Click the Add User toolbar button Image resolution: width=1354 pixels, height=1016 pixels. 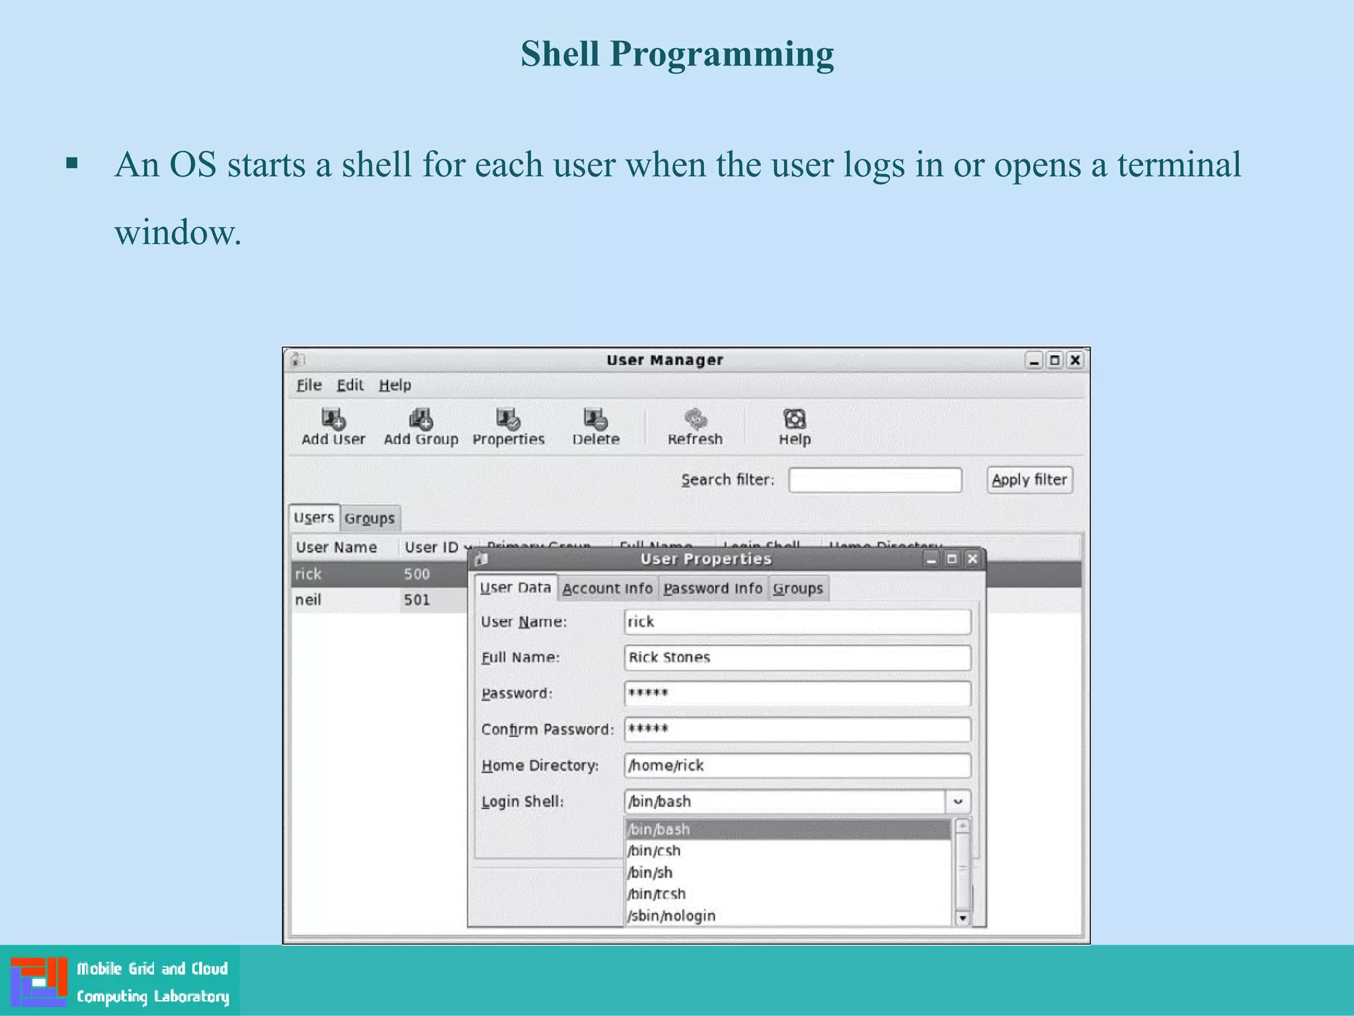click(333, 427)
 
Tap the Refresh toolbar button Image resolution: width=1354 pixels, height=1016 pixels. click(695, 427)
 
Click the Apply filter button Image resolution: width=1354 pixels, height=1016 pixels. click(1029, 480)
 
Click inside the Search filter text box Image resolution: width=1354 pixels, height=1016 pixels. click(874, 480)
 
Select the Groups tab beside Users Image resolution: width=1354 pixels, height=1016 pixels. click(369, 518)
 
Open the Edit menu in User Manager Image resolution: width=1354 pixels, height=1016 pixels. click(350, 385)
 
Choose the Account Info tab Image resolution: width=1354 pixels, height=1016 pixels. click(607, 588)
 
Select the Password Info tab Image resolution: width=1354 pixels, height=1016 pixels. click(712, 588)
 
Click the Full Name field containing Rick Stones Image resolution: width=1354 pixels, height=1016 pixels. click(797, 657)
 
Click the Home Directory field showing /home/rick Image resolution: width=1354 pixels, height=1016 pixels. click(797, 765)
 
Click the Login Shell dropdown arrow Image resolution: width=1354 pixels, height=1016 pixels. click(957, 802)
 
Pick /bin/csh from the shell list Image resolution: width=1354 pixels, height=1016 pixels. click(655, 851)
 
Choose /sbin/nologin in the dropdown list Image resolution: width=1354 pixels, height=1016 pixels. click(672, 915)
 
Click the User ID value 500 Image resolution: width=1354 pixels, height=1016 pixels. click(417, 574)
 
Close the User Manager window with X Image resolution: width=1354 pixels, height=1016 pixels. click(1075, 360)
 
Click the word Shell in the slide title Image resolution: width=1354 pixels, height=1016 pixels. click(559, 54)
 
